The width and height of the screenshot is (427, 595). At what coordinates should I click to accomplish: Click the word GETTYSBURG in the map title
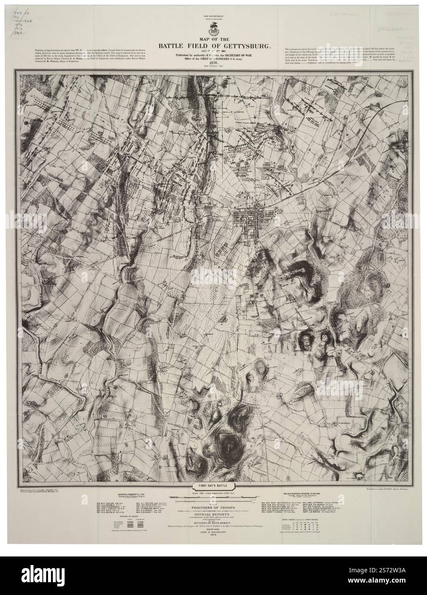click(237, 45)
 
